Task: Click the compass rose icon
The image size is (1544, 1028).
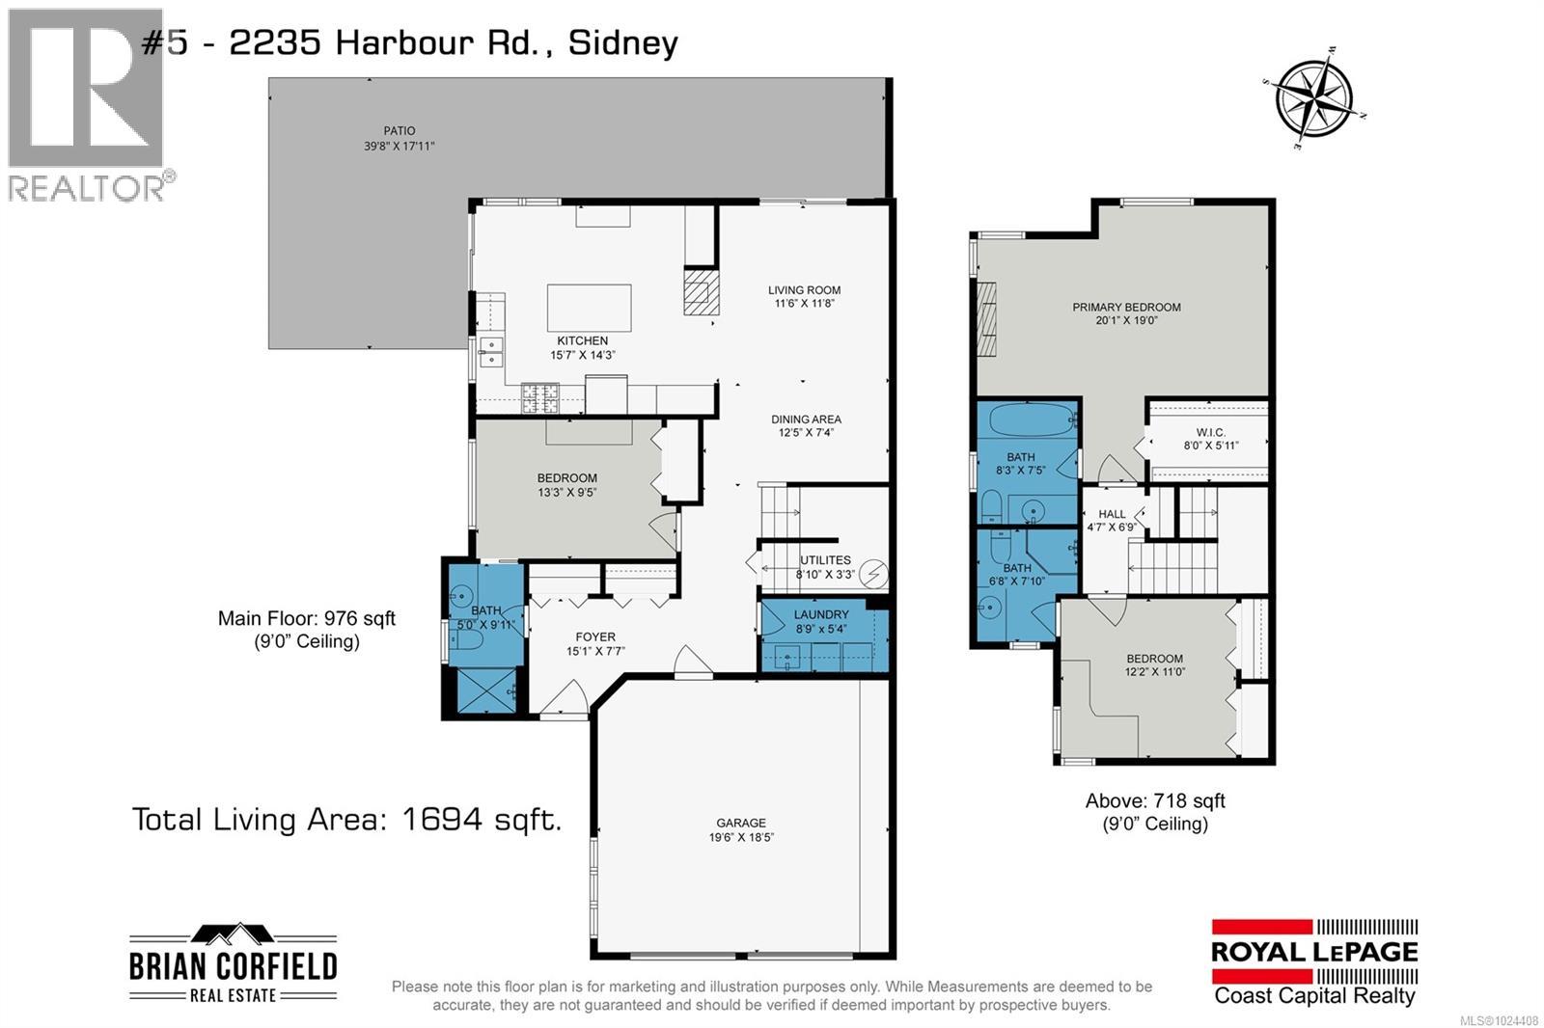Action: (1312, 96)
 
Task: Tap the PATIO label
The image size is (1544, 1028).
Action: (399, 131)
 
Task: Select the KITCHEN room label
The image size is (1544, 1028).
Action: (582, 340)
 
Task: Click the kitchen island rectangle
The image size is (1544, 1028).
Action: (589, 308)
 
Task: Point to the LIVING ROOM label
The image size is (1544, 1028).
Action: (804, 289)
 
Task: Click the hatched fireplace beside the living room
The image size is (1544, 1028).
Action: (701, 291)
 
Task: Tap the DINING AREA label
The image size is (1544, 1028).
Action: (806, 419)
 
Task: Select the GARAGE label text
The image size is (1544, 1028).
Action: (740, 823)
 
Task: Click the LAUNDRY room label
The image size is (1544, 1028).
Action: (821, 614)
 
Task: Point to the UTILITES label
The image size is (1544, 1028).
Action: (825, 560)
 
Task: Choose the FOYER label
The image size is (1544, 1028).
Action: (595, 636)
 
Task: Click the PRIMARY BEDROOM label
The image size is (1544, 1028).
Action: (1126, 308)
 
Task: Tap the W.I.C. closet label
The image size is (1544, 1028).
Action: (1210, 432)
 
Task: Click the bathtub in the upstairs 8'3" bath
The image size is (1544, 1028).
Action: (1026, 421)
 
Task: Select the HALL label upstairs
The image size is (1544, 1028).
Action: (1112, 514)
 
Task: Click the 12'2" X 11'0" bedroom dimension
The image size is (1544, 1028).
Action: (1154, 672)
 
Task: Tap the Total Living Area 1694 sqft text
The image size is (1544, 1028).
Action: (346, 820)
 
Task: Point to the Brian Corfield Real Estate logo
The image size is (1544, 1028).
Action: (233, 965)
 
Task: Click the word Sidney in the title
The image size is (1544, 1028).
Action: (622, 42)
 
